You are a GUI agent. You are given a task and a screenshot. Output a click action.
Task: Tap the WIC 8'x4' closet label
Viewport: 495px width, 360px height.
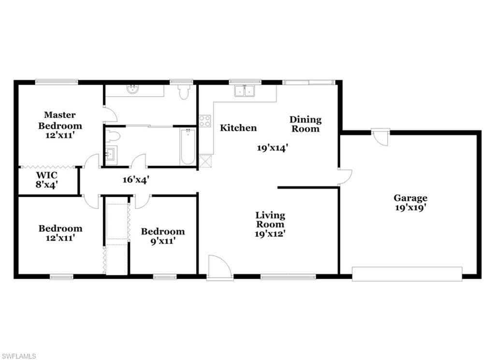coord(46,180)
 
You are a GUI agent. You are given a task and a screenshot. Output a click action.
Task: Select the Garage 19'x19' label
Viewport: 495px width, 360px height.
coord(410,203)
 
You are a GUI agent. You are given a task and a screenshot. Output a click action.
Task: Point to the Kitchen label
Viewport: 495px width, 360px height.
coord(238,128)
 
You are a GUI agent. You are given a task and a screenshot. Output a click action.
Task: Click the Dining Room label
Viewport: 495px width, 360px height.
coord(306,124)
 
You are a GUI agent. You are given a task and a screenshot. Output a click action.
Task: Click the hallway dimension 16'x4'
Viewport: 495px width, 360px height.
coord(136,180)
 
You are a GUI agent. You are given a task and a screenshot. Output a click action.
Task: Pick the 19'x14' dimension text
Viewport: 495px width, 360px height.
coord(272,148)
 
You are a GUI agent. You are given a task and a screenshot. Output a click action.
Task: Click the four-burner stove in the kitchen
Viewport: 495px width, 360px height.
coord(204,120)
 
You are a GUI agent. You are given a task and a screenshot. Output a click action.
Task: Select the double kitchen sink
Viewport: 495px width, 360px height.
coord(245,90)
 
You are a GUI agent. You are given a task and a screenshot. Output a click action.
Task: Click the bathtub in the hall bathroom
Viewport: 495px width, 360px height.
coord(188,146)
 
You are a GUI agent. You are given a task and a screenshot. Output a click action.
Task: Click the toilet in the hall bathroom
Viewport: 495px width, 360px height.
coord(113,136)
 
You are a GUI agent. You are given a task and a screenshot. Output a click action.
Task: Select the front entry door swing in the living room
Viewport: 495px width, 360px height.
coord(220,267)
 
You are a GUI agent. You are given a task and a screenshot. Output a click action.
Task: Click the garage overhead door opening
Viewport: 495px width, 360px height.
coord(407,274)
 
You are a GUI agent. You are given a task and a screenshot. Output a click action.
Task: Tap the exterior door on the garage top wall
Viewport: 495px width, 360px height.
coord(380,136)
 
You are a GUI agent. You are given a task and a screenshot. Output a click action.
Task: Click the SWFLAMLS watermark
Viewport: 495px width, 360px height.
coord(18,356)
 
